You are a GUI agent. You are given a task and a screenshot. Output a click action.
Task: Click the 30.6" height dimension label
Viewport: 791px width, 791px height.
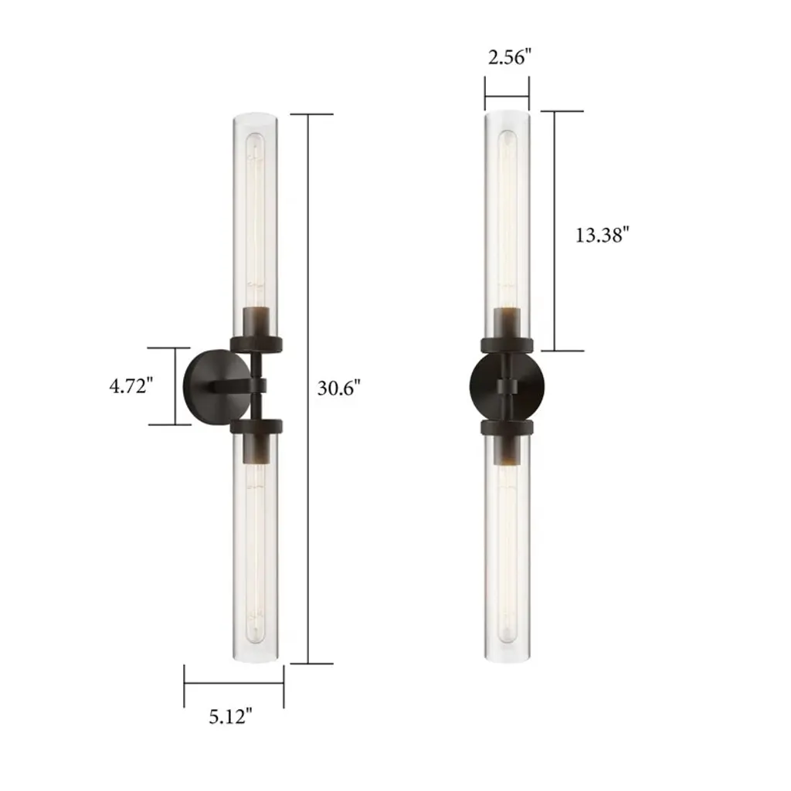339,388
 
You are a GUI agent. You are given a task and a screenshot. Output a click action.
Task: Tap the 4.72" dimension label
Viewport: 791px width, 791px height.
131,386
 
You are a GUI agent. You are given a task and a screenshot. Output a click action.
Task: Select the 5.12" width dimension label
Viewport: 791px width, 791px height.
230,716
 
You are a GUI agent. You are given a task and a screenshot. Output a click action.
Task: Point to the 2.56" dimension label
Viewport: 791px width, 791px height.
510,57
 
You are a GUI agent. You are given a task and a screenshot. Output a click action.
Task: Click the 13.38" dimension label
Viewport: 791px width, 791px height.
603,235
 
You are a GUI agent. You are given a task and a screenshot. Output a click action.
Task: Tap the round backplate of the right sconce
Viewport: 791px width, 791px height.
507,386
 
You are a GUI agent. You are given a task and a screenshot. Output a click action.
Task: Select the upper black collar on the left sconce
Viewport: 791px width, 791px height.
256,345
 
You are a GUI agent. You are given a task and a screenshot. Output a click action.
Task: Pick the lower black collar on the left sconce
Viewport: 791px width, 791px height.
256,426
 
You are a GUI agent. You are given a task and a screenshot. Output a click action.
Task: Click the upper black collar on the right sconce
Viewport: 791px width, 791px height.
507,345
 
